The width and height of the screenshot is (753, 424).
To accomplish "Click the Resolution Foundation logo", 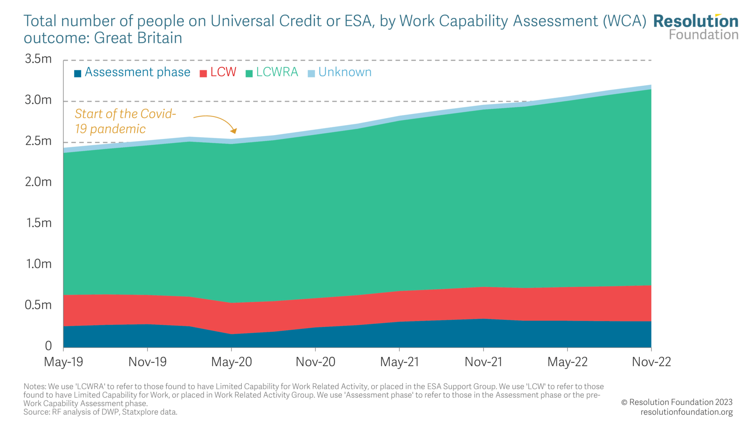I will click(x=696, y=27).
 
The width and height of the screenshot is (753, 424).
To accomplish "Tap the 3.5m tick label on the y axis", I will click(x=38, y=59).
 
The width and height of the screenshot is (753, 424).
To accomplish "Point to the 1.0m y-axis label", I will click(x=38, y=264).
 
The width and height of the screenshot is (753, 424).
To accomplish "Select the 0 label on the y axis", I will click(x=48, y=346).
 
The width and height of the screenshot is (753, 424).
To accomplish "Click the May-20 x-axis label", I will click(x=231, y=362).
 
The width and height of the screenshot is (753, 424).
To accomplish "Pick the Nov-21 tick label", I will click(x=483, y=362).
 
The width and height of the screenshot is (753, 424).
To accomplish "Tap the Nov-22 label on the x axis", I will click(x=651, y=362).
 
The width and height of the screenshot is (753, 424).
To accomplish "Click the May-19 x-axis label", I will click(x=64, y=362).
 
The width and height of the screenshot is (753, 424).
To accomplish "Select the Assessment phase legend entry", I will click(x=132, y=72).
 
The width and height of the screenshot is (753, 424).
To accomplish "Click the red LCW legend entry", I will click(x=218, y=72).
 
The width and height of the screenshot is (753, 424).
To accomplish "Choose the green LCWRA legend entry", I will click(x=272, y=72).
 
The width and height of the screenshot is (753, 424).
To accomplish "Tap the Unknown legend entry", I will click(x=340, y=72).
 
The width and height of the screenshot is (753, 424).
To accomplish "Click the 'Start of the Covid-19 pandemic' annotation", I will click(x=125, y=121).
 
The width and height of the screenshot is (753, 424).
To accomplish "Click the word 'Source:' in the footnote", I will click(x=36, y=412).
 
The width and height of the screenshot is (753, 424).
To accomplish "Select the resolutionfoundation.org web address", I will click(x=686, y=412).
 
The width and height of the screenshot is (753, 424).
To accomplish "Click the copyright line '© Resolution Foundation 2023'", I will click(x=676, y=402).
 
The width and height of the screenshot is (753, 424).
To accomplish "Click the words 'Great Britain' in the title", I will click(x=138, y=38).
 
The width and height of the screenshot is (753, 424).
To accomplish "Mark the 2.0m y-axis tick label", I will click(x=38, y=182).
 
